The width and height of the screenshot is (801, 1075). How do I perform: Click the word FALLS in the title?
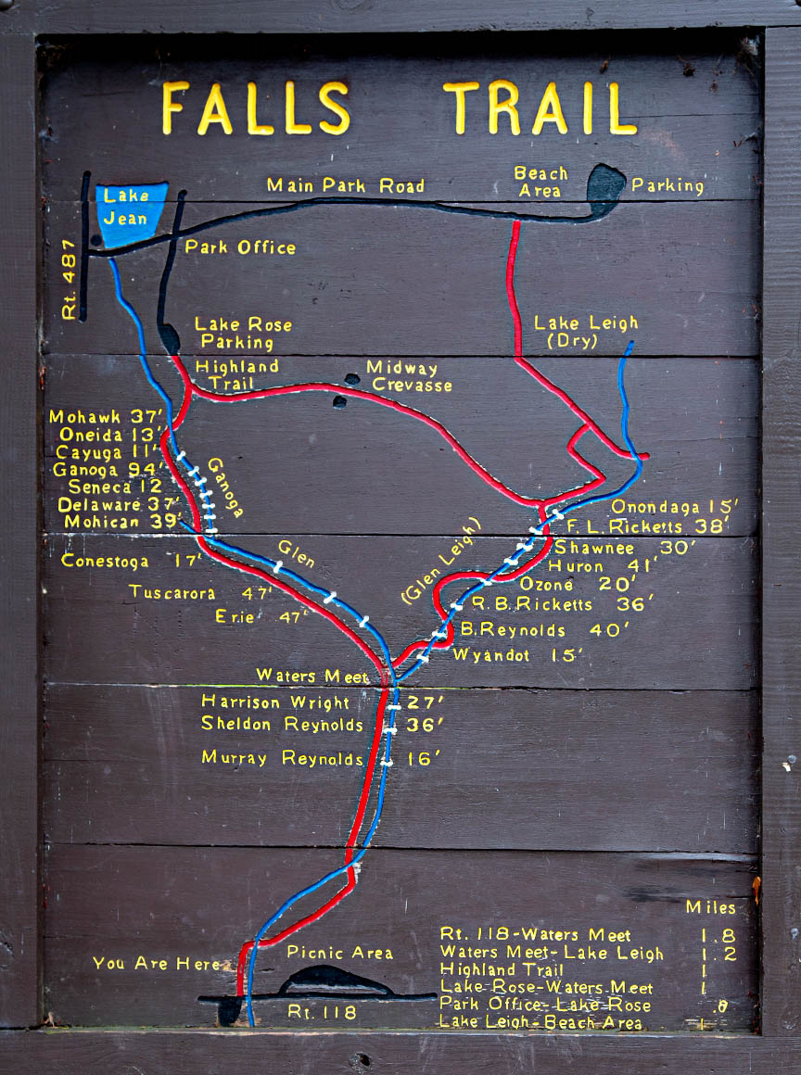[256, 108]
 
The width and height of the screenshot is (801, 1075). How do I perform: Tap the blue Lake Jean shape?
[129, 213]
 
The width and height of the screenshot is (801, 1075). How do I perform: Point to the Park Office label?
[240, 247]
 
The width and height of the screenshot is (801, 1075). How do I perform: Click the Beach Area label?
[540, 182]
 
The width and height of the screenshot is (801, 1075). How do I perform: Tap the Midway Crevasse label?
[408, 376]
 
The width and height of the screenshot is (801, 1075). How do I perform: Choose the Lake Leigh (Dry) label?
[585, 332]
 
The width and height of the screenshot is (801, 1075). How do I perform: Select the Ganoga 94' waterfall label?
[106, 469]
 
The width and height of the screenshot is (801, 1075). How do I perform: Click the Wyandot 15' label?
[517, 655]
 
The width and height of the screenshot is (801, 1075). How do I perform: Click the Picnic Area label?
[339, 953]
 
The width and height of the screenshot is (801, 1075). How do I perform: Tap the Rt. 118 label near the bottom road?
[321, 1013]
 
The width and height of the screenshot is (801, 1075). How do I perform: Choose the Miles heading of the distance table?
[710, 908]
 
